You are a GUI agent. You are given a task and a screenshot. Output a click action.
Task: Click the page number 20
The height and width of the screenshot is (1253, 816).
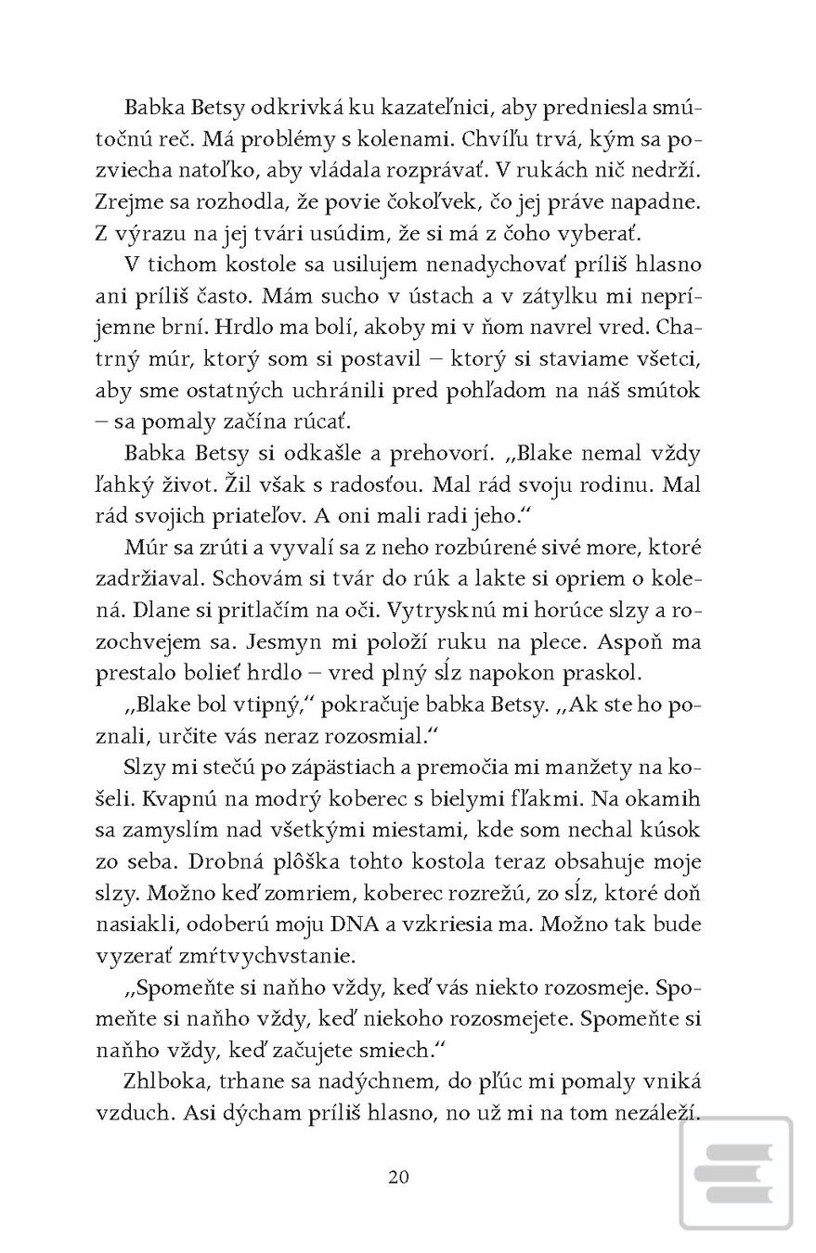398,1177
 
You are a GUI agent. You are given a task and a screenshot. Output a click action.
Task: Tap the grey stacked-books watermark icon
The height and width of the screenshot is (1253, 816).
735,1174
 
